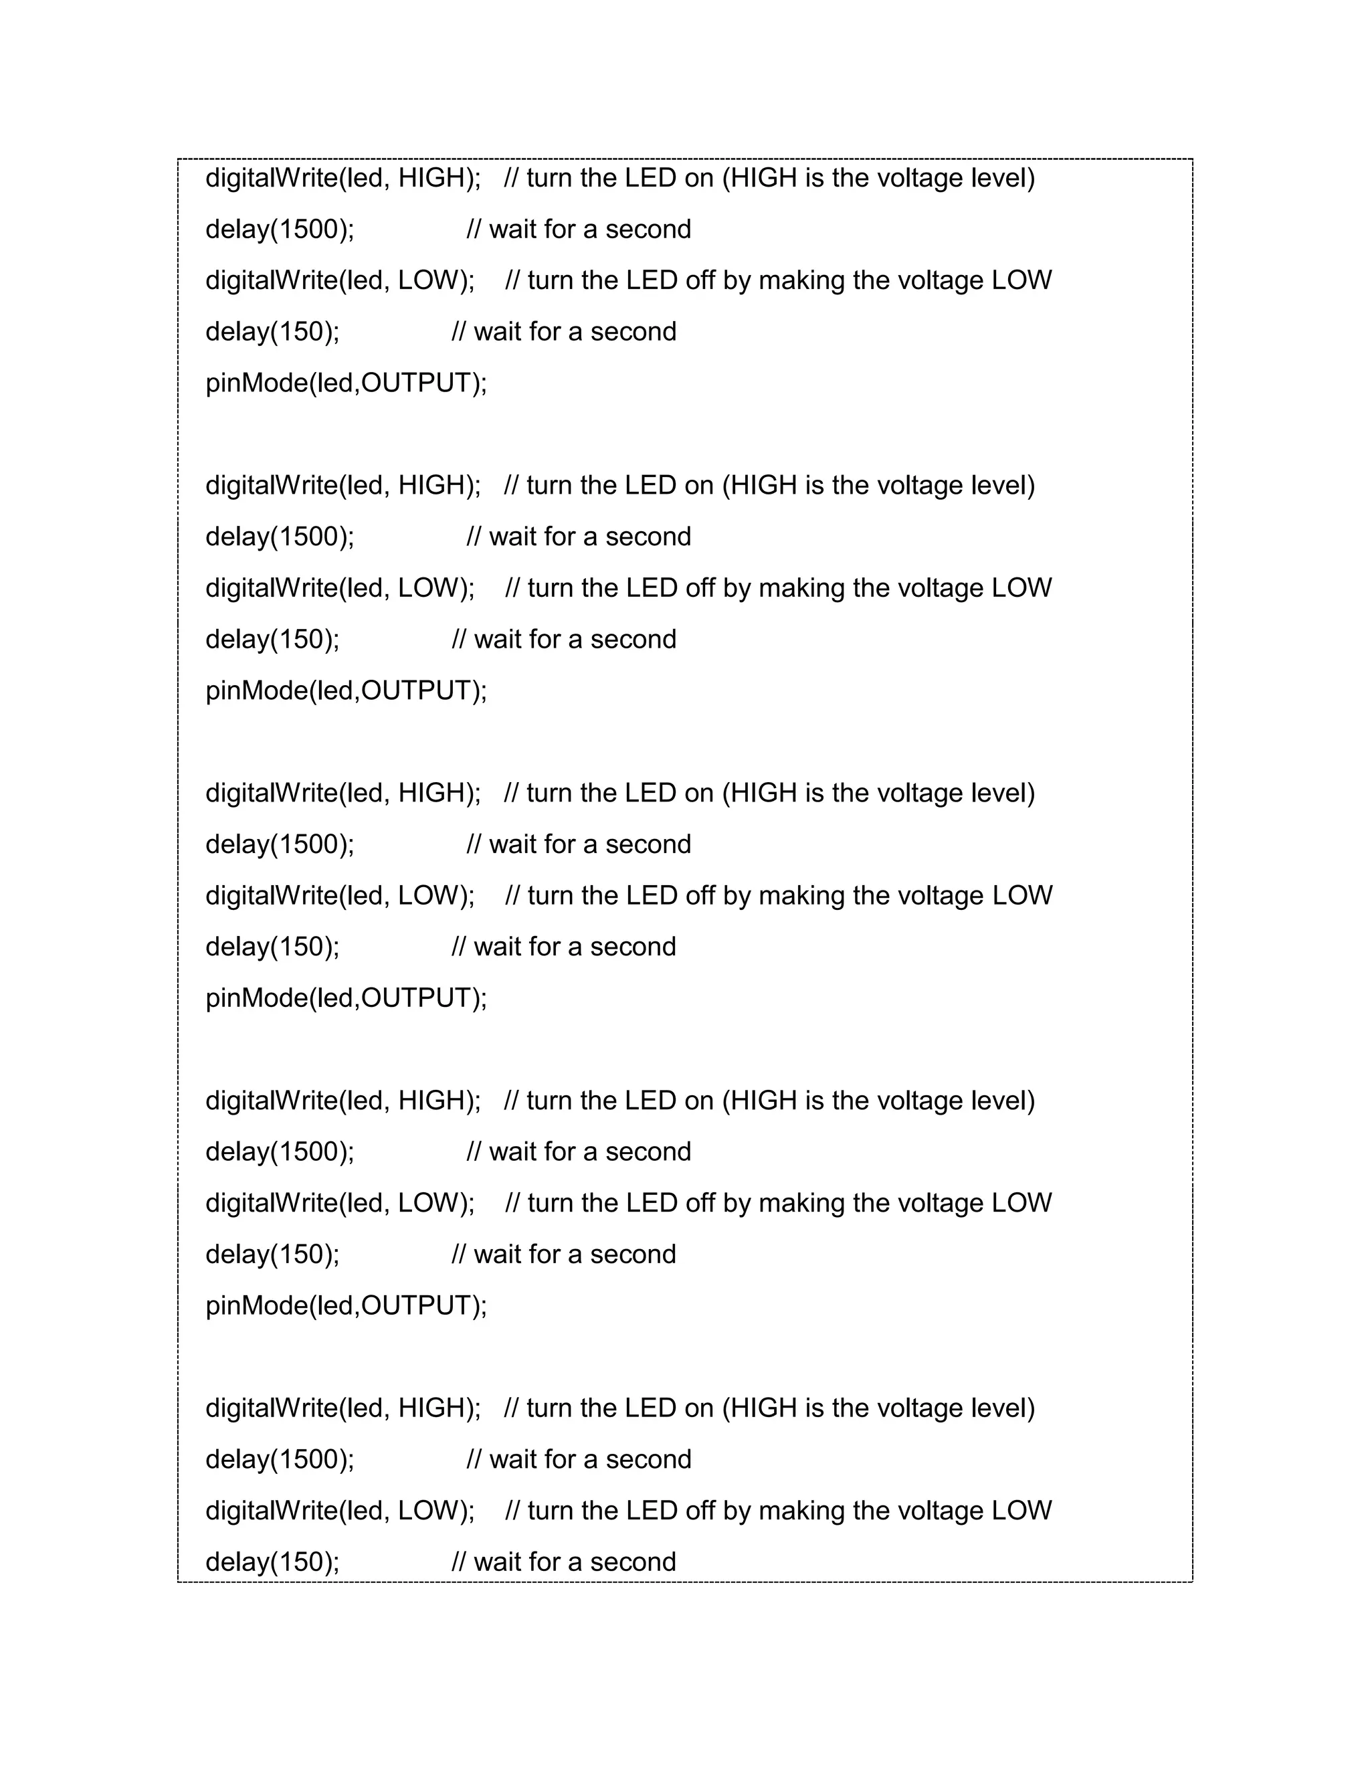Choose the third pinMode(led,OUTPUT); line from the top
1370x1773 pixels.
point(347,998)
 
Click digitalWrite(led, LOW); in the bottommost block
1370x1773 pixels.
point(340,1511)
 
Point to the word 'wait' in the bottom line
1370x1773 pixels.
point(498,1562)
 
